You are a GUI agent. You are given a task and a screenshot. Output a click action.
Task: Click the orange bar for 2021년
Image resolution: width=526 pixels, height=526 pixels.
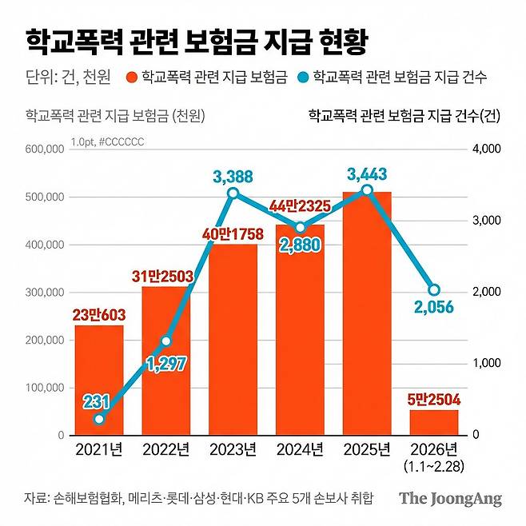(x=99, y=380)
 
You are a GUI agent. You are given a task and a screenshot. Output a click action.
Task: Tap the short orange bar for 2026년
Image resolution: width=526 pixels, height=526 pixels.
(x=433, y=422)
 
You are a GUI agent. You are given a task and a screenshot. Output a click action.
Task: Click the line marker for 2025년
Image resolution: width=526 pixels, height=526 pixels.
(x=367, y=189)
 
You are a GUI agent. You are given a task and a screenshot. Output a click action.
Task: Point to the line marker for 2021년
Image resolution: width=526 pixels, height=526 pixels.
(x=99, y=419)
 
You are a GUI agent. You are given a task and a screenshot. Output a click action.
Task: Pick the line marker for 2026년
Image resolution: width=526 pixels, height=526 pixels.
(x=433, y=289)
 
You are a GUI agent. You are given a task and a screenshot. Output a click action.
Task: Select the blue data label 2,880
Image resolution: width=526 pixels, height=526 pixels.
(x=300, y=244)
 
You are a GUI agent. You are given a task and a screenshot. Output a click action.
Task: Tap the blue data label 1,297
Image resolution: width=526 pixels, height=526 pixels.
(x=166, y=364)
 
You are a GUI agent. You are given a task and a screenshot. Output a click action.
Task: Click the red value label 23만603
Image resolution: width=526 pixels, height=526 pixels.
(x=99, y=314)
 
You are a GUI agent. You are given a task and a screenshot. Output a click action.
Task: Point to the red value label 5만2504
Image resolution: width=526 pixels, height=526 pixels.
(x=433, y=400)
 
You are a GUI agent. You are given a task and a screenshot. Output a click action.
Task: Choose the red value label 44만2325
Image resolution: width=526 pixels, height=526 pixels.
(x=300, y=209)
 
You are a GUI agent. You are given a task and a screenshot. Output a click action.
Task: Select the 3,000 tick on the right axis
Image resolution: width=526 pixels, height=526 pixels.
(x=486, y=221)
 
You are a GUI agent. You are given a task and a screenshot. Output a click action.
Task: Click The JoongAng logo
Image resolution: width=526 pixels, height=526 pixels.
(x=451, y=499)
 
